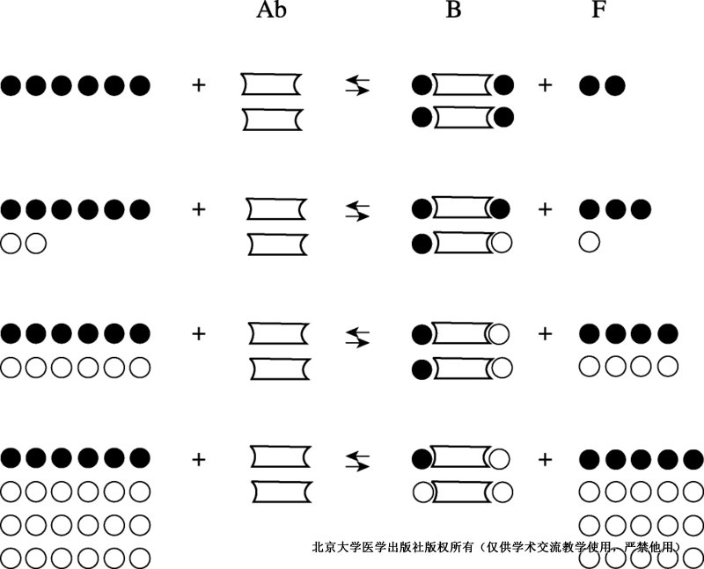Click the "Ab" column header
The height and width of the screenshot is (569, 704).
tap(271, 10)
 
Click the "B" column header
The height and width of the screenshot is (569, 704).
tap(453, 10)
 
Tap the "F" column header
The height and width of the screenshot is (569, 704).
tap(598, 10)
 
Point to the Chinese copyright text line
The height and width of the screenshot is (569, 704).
tap(496, 547)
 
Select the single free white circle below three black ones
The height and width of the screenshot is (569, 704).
tap(590, 243)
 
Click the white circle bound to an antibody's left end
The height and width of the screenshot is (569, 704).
tap(422, 492)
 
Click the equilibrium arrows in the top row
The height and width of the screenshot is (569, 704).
tap(357, 85)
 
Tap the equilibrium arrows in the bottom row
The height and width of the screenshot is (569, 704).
tap(357, 461)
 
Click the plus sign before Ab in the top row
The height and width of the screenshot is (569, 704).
tap(199, 84)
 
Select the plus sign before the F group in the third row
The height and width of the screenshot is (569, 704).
tap(545, 333)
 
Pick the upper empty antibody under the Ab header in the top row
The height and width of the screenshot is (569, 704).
tap(272, 84)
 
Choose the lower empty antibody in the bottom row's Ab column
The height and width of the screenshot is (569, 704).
tap(282, 492)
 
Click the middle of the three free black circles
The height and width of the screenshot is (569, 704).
tap(615, 208)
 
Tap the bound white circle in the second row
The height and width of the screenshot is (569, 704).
tap(501, 243)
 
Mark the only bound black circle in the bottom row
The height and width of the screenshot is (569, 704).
tap(422, 458)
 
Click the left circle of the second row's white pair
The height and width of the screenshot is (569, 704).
tap(11, 244)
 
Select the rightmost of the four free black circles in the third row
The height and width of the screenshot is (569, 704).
tap(668, 333)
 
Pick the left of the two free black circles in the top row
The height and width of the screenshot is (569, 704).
tap(590, 85)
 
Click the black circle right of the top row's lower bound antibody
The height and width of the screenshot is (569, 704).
tap(503, 118)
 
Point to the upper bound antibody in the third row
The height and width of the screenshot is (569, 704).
tap(461, 332)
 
